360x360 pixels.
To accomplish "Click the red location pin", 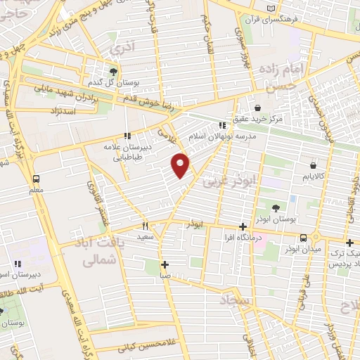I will coord(181,165).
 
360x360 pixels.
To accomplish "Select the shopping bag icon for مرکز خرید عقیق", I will coord(257,108).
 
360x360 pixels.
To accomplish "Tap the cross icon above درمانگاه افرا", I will coord(243,226).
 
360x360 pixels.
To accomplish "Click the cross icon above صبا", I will coord(165,265).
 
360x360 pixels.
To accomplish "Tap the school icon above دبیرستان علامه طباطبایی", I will coord(127,136).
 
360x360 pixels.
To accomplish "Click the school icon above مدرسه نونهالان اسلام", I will coord(222,125).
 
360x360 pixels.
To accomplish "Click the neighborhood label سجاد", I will coord(235,301).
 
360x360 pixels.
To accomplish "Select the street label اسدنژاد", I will coord(62,110).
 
